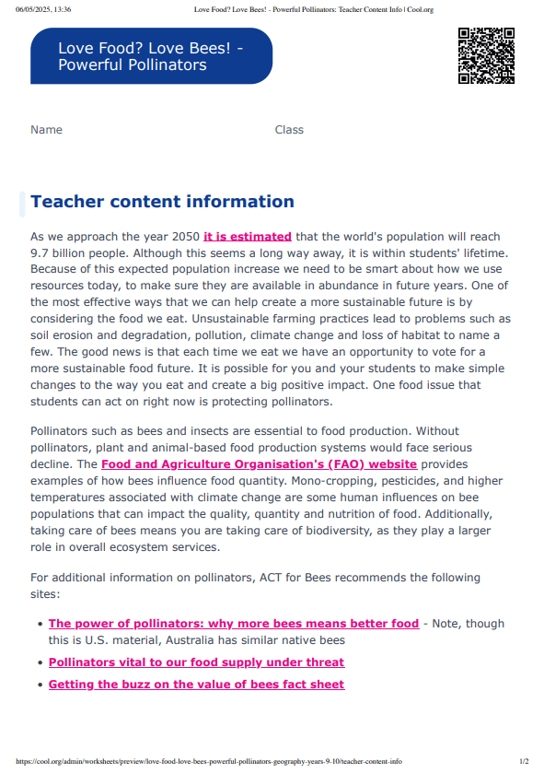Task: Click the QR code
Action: [485, 56]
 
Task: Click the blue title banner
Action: [151, 56]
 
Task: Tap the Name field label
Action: [46, 130]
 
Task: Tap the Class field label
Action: [289, 130]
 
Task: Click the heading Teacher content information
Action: [162, 202]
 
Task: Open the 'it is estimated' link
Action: [247, 237]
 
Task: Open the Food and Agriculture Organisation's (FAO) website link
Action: [259, 464]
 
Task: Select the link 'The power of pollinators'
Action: [233, 624]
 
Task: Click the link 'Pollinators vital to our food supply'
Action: [196, 662]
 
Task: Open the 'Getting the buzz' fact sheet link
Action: [196, 685]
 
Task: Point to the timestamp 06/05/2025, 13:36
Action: [43, 9]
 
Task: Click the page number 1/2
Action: [524, 762]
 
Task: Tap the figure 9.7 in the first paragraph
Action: [41, 252]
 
